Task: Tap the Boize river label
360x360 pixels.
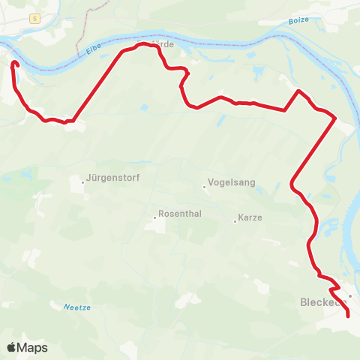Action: pyautogui.click(x=298, y=22)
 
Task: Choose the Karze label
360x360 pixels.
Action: pyautogui.click(x=250, y=218)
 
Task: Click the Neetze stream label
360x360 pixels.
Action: pyautogui.click(x=76, y=307)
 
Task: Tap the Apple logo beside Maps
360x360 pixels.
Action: pyautogui.click(x=11, y=347)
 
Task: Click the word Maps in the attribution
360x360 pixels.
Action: pyautogui.click(x=32, y=348)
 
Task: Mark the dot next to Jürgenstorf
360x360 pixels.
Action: pyautogui.click(x=83, y=181)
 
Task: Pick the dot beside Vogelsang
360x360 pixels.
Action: pyautogui.click(x=204, y=187)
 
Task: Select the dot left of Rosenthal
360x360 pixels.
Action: pyautogui.click(x=155, y=217)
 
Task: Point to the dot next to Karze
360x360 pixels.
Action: pyautogui.click(x=234, y=219)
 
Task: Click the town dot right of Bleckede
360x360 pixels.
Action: pyautogui.click(x=349, y=296)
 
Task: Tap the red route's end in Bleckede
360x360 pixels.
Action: pyautogui.click(x=348, y=316)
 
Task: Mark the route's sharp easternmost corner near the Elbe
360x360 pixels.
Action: pyautogui.click(x=334, y=118)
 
